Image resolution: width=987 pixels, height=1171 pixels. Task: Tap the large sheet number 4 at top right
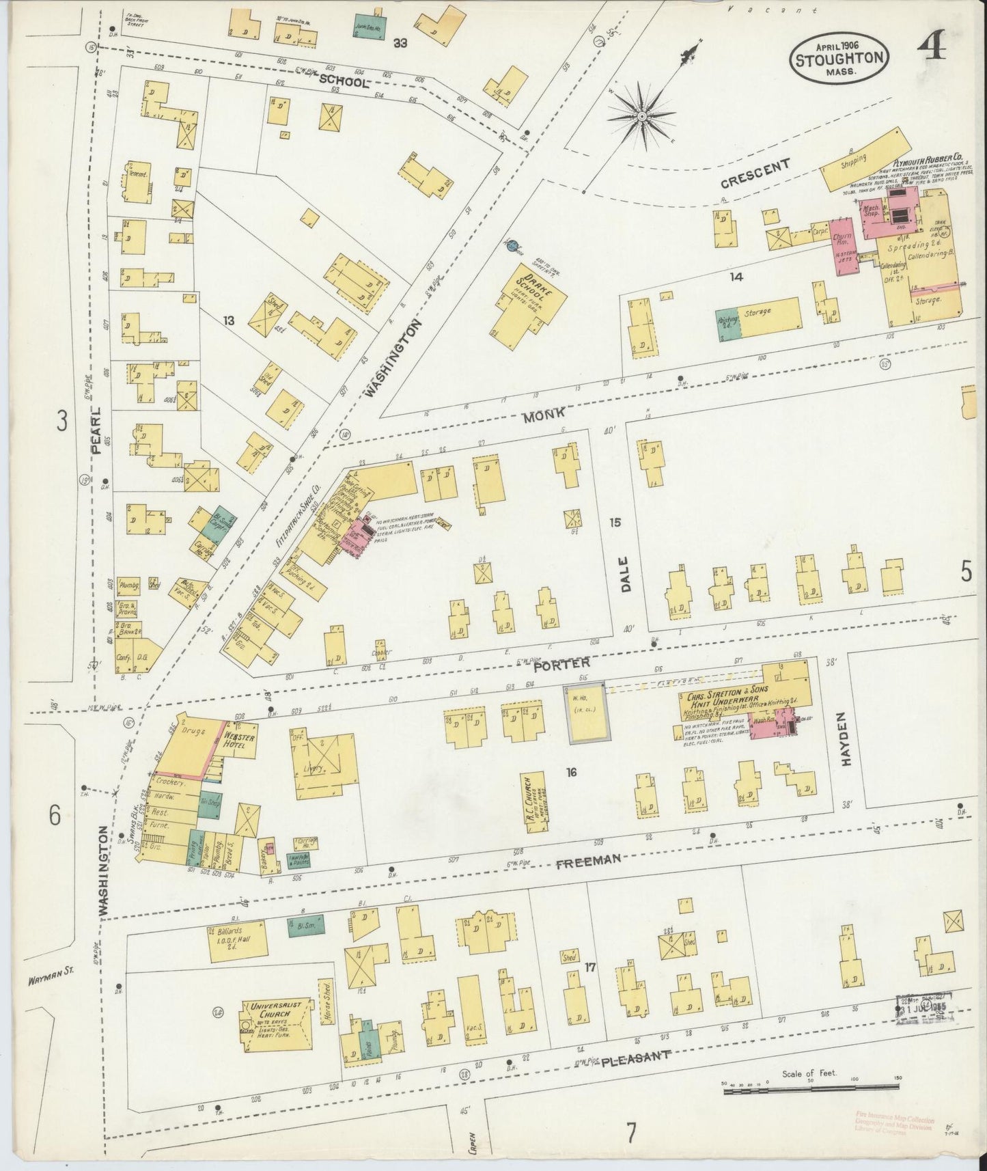[932, 50]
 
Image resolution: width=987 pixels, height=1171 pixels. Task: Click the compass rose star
[642, 117]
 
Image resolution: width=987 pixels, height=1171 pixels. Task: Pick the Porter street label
[561, 663]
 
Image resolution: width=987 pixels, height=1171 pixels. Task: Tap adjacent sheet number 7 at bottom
[631, 1134]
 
